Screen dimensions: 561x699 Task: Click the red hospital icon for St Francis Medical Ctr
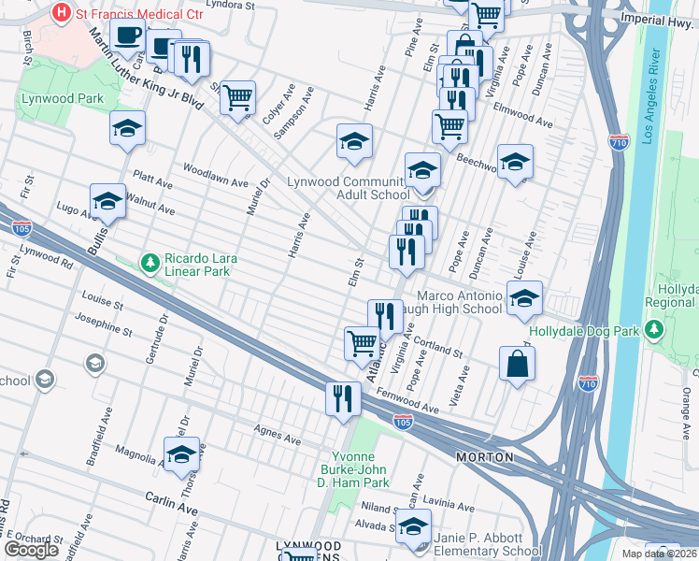pyautogui.click(x=63, y=13)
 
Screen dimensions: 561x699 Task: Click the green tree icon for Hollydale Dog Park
pyautogui.click(x=656, y=331)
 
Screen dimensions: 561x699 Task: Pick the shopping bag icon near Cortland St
pyautogui.click(x=517, y=364)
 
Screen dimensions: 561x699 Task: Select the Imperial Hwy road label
pyautogui.click(x=658, y=18)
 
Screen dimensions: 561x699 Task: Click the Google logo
pyautogui.click(x=32, y=550)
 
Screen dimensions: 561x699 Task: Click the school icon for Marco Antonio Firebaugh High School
pyautogui.click(x=525, y=296)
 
